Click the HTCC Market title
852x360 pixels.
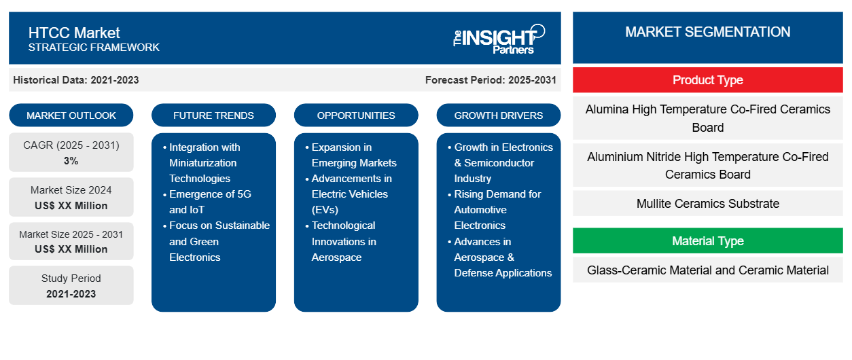pos(74,32)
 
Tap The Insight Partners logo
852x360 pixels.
pos(499,38)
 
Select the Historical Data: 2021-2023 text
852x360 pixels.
pos(76,80)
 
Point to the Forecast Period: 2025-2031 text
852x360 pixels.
pos(491,80)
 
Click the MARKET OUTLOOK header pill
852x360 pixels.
pos(71,115)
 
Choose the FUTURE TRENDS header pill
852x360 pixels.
pos(213,115)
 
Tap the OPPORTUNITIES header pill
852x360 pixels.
pos(356,115)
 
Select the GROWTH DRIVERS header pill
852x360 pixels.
pos(499,115)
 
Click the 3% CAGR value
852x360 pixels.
pos(71,161)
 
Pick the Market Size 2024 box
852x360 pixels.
pos(71,198)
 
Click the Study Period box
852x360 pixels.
pos(71,286)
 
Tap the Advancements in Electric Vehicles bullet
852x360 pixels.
pos(351,194)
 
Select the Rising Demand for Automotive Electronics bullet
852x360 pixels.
pos(497,210)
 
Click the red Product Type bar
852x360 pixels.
pos(707,80)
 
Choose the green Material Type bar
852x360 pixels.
pos(707,241)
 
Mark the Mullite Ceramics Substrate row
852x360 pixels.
pos(707,204)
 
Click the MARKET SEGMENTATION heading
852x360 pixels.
pos(707,32)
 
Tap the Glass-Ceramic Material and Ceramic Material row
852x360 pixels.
pos(707,270)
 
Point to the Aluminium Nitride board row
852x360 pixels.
pos(707,166)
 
